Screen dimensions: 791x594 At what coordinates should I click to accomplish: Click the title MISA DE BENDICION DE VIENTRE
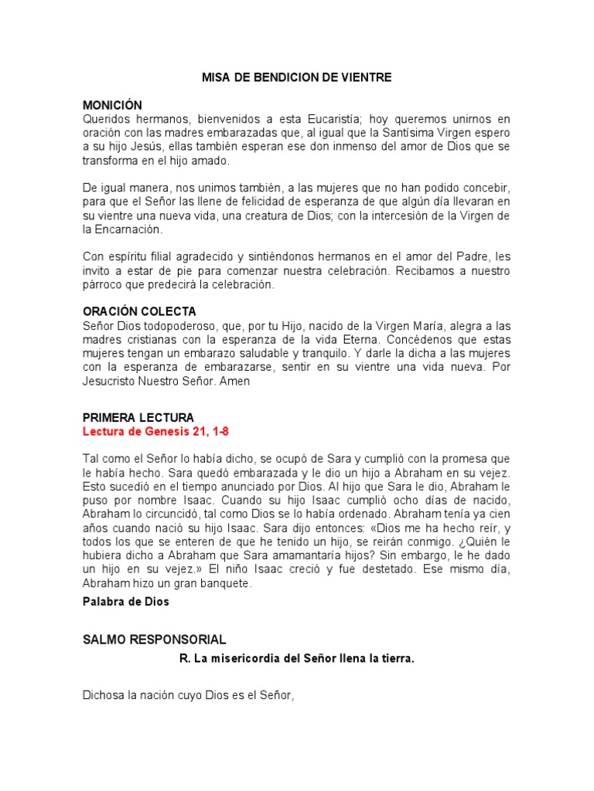click(x=297, y=77)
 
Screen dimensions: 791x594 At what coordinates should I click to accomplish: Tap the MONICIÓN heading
click(x=113, y=105)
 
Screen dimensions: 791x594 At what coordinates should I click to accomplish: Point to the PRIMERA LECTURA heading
click(x=138, y=417)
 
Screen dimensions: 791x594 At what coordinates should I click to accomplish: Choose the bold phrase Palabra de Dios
click(x=125, y=600)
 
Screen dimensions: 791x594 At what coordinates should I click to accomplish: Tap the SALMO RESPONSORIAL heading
click(x=154, y=640)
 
